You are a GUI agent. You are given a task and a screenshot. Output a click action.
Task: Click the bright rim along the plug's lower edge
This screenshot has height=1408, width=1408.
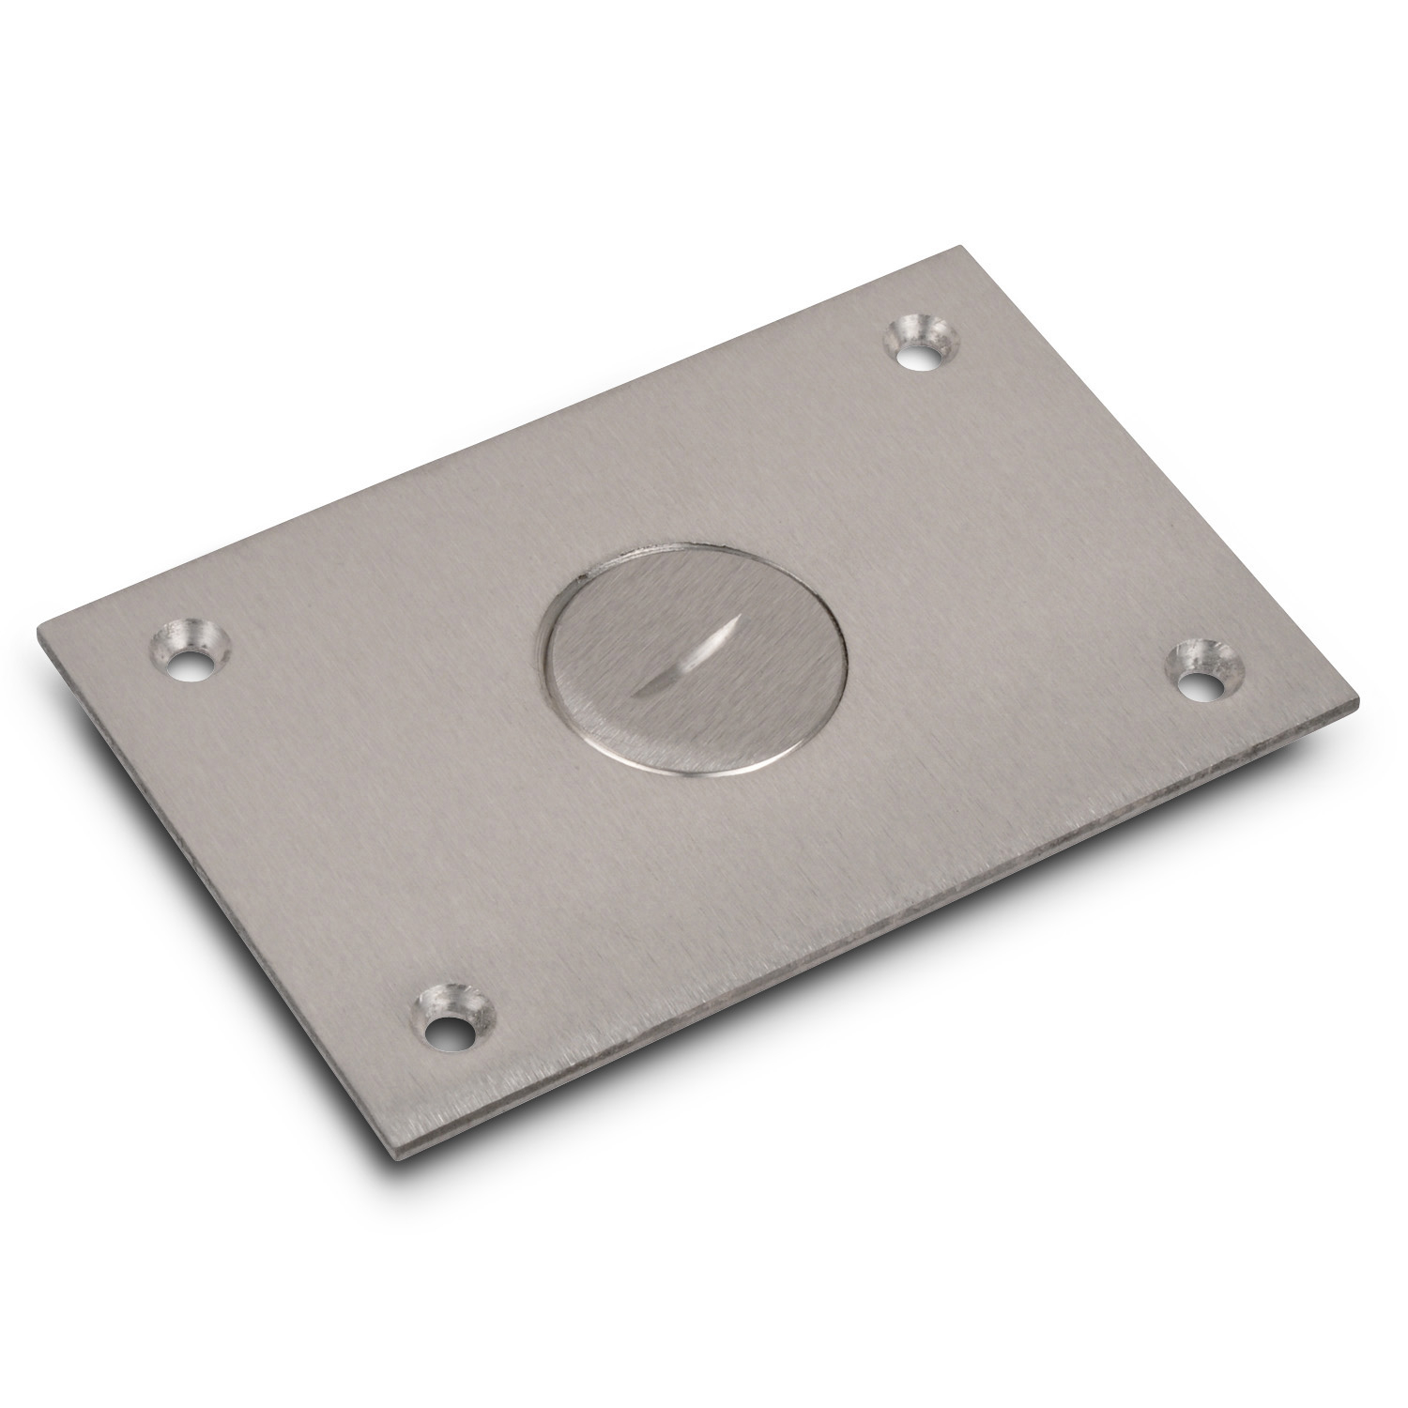(695, 771)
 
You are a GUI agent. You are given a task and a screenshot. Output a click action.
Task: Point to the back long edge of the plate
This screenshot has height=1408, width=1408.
(497, 436)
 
